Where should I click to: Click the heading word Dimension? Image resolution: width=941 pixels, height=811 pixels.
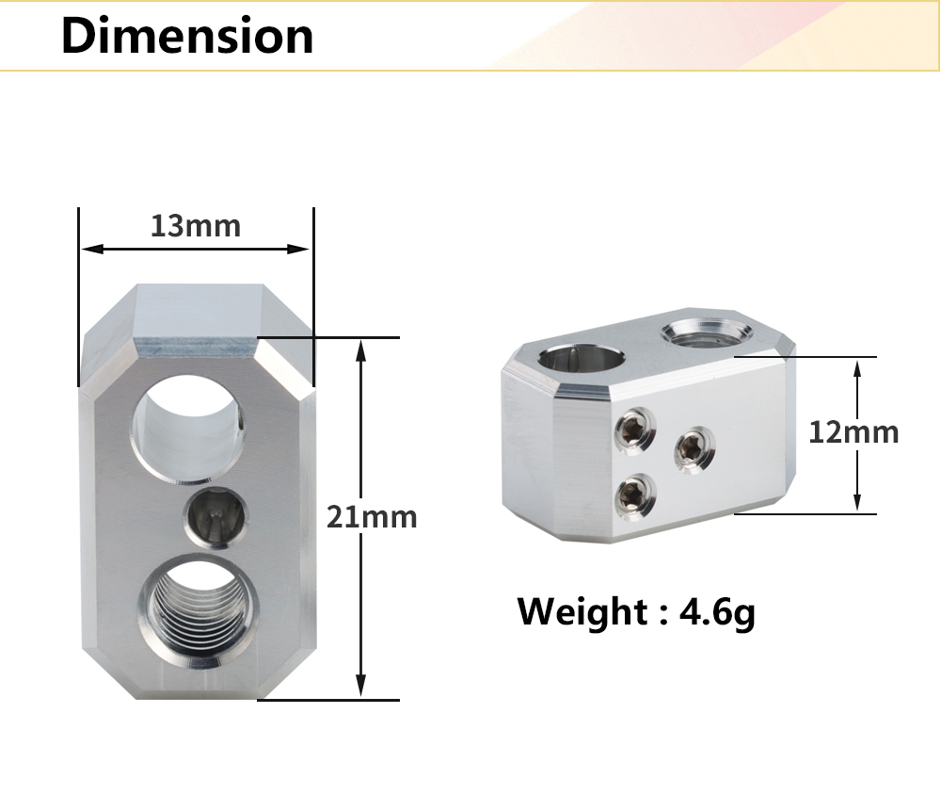pos(186,36)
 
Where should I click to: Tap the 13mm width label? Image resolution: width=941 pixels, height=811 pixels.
pos(195,226)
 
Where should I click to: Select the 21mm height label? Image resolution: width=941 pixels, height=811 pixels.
pos(372,517)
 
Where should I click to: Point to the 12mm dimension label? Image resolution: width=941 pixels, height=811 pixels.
pos(853,432)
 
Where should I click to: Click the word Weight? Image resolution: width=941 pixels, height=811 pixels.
pos(582,612)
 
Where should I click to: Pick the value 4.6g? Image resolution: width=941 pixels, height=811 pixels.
pos(717,612)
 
